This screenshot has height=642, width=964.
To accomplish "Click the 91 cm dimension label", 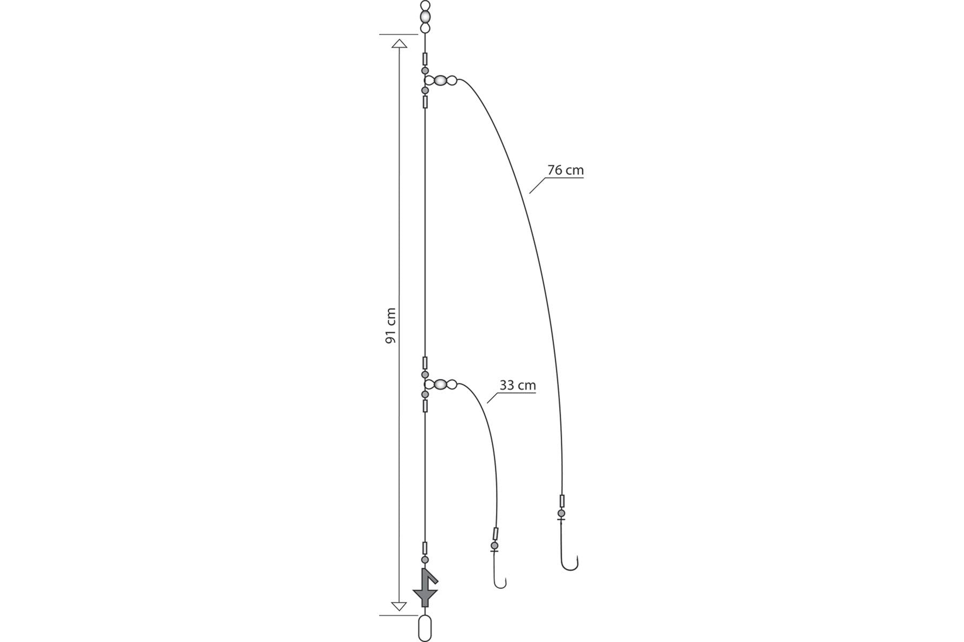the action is click(391, 325).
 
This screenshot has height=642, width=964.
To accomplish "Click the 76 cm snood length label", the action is click(566, 170).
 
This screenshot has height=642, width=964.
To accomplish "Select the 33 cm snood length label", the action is click(517, 385).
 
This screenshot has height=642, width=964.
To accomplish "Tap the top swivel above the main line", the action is click(425, 17).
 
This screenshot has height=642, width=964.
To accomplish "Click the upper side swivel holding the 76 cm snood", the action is click(441, 81).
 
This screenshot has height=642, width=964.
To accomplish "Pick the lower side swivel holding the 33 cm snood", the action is click(441, 384).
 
